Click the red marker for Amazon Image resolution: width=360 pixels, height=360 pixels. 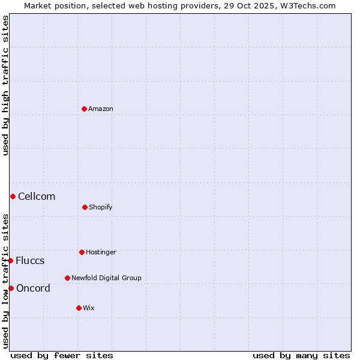[84, 109]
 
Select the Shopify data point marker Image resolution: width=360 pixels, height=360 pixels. [85, 207]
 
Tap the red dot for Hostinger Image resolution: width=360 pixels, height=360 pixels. [82, 252]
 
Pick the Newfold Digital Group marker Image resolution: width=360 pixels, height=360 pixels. [67, 278]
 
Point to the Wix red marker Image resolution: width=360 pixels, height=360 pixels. [79, 308]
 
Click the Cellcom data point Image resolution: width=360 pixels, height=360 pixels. [13, 196]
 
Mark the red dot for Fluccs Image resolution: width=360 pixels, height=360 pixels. [10, 260]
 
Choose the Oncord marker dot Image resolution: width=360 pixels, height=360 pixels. [11, 288]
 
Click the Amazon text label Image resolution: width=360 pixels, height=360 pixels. [101, 109]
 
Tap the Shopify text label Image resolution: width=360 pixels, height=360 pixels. [101, 208]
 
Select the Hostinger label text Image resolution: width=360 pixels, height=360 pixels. [101, 253]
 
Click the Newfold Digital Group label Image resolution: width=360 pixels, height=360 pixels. [106, 278]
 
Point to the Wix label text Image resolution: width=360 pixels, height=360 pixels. [89, 308]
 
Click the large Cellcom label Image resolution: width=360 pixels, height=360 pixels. [37, 197]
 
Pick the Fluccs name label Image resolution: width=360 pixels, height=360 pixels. [30, 261]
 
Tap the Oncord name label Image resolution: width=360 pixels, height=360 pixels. [33, 289]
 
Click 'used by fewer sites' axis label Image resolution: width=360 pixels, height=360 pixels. [62, 355]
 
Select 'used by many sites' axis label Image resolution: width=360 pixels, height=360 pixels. [301, 355]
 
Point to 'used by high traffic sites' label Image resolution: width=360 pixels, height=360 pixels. [5, 85]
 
